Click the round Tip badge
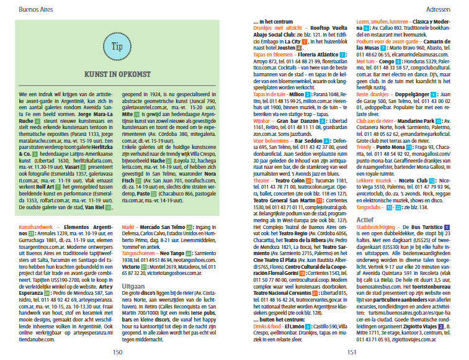117,47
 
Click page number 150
117,351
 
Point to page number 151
351,351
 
